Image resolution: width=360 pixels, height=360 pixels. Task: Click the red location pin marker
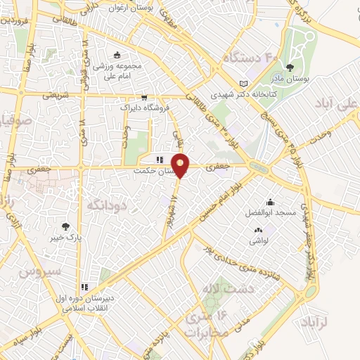[181, 165]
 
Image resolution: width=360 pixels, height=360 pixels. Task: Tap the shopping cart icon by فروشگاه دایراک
[144, 98]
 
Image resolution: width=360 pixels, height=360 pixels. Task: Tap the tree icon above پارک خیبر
[66, 226]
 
